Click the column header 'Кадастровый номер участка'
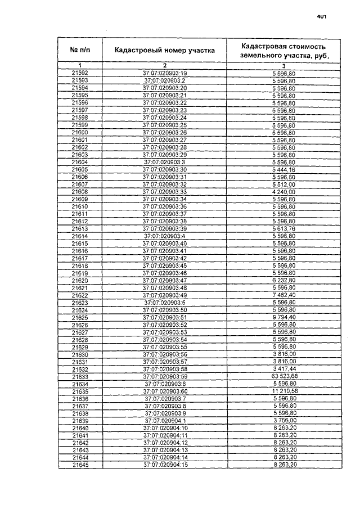click(164, 50)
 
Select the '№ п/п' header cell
click(80, 50)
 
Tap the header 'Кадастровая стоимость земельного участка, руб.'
click(283, 50)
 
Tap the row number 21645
click(80, 465)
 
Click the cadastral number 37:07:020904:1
click(164, 421)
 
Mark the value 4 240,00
click(283, 192)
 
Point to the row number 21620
click(80, 281)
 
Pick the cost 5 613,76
click(283, 229)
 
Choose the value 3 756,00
click(283, 421)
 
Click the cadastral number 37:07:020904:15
click(164, 465)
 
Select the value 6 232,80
click(283, 281)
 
